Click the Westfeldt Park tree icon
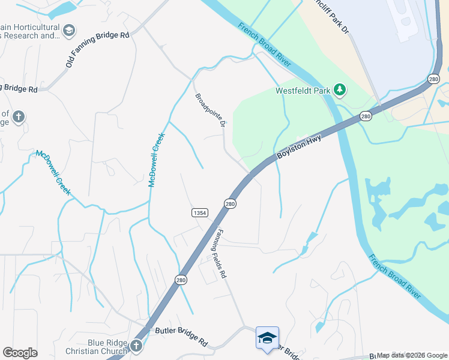340,91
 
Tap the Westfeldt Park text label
303,91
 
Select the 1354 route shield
200,213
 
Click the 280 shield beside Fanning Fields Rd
230,204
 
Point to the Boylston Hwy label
300,147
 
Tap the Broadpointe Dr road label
209,110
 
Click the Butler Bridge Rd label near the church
181,336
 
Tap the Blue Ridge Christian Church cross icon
136,346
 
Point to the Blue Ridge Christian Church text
107,347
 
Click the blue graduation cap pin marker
267,338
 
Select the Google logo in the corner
20,353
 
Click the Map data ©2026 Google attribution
412,355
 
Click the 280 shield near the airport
435,79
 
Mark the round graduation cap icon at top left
70,29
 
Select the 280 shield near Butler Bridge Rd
181,279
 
